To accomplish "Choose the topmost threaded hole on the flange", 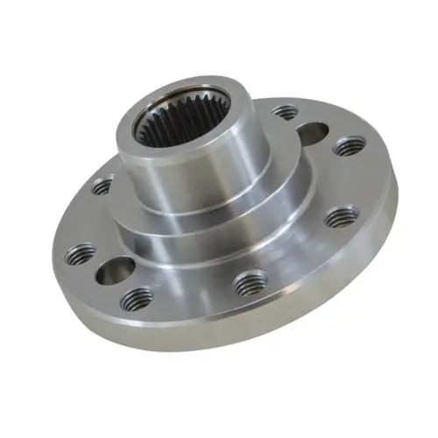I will pyautogui.click(x=284, y=113).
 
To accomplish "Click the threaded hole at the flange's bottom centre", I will pyautogui.click(x=251, y=283).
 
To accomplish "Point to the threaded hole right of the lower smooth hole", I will pyautogui.click(x=138, y=300).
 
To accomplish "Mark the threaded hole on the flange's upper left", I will pyautogui.click(x=102, y=186).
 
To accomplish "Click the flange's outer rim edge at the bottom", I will pyautogui.click(x=219, y=338).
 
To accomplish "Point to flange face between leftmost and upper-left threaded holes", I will pyautogui.click(x=83, y=219).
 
